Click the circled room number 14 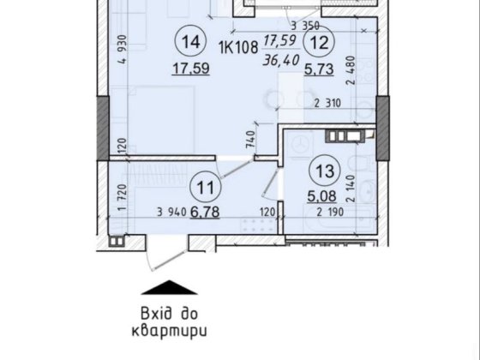click(x=191, y=41)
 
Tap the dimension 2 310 click(x=327, y=105)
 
